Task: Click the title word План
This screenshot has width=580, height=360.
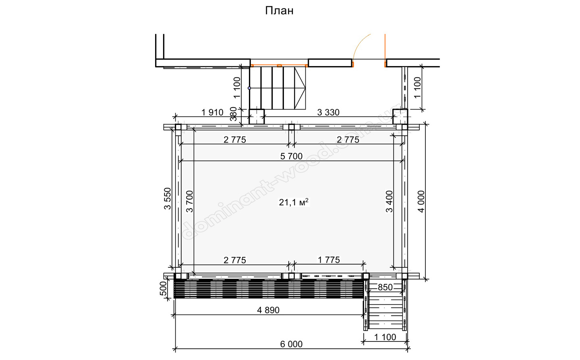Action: pos(279,11)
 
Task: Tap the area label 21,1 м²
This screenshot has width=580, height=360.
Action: pos(293,202)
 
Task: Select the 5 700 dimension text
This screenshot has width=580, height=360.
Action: pos(291,156)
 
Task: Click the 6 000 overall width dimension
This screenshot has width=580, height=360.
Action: pos(291,344)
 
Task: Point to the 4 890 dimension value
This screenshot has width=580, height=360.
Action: pos(268,310)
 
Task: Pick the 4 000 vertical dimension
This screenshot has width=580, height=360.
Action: pos(421,202)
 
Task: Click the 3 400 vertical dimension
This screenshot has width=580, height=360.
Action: pos(389,202)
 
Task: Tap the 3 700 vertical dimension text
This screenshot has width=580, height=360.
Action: pos(190,202)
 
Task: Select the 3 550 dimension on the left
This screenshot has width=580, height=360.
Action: pos(168,199)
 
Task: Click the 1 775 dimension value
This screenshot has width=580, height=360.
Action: pos(329,260)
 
